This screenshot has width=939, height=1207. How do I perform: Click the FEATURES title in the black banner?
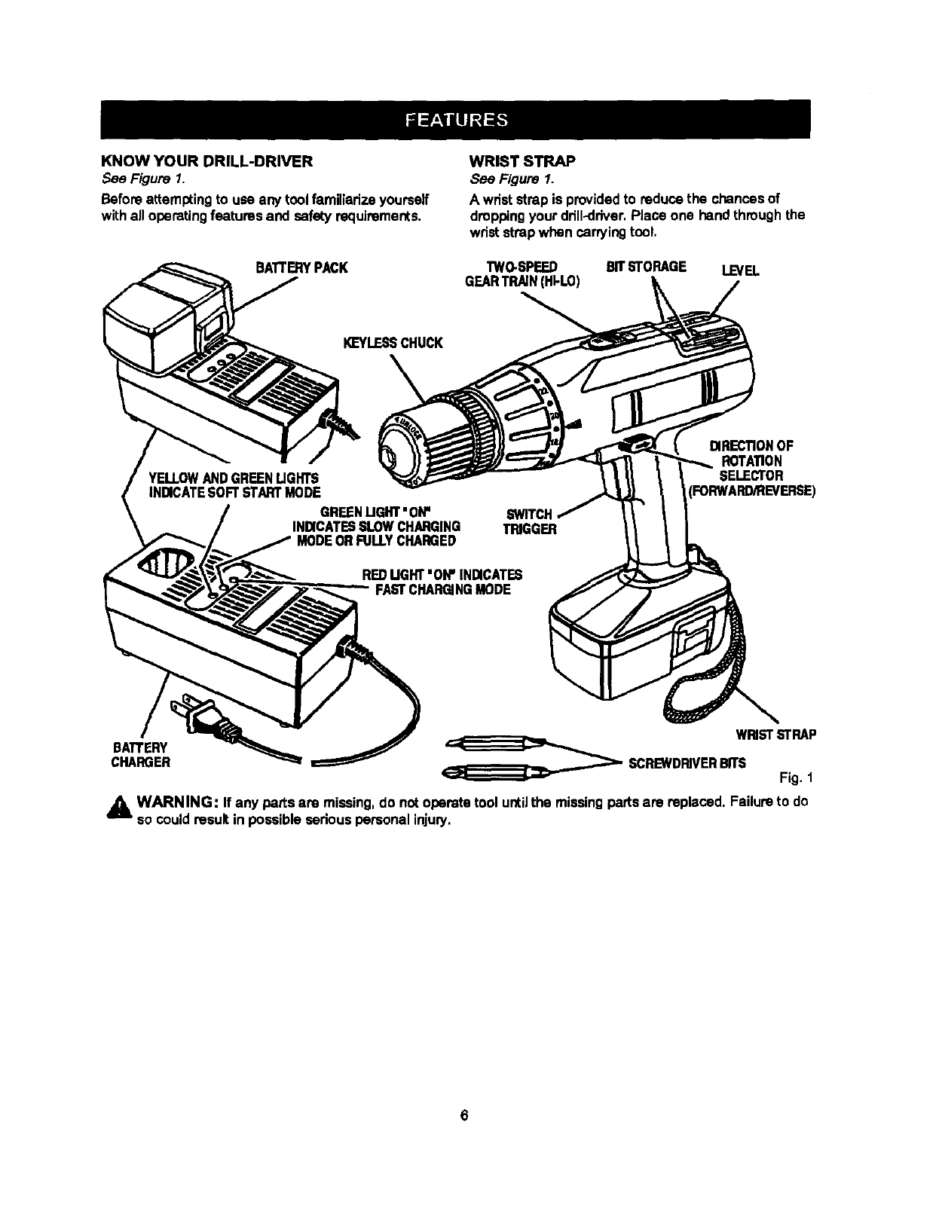[x=456, y=120]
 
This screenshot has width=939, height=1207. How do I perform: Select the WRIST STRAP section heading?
[x=522, y=161]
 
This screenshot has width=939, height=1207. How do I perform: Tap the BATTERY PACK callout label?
[x=301, y=267]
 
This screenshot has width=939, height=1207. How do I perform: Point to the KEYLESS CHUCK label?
[x=393, y=344]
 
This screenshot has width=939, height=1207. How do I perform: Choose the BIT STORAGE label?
[x=647, y=267]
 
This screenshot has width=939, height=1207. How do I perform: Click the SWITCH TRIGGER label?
[x=531, y=521]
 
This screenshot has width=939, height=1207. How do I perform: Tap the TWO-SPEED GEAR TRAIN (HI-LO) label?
[x=522, y=274]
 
